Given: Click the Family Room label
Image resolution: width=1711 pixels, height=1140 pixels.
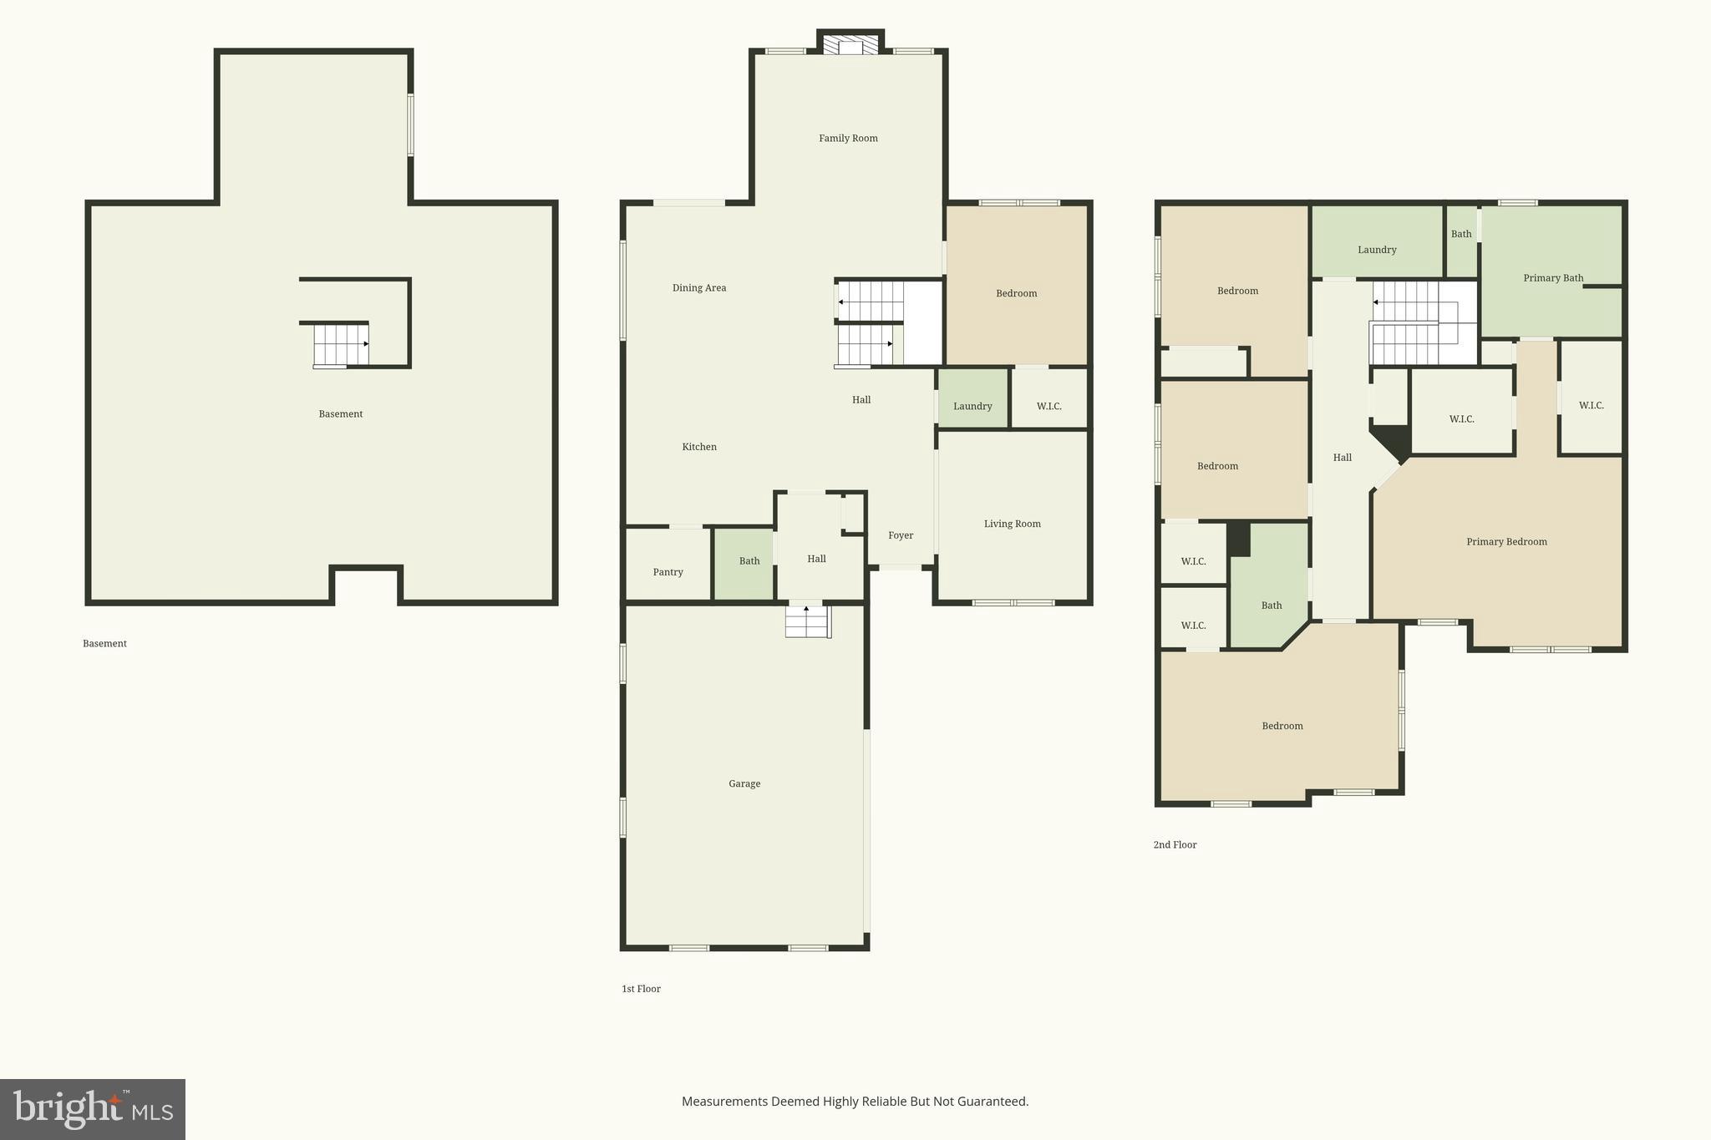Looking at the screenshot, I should (848, 139).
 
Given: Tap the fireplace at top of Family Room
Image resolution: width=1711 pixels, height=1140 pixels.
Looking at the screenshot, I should (850, 44).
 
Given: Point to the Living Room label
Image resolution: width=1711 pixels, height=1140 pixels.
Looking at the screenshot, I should (1012, 524).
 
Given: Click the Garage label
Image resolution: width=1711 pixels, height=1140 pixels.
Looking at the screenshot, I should (744, 784).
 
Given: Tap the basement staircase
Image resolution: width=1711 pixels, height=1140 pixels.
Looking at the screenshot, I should (341, 345).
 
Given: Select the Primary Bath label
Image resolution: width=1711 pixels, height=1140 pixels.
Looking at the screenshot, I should (1552, 278).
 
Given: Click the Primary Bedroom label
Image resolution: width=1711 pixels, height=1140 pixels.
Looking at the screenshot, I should (1506, 542).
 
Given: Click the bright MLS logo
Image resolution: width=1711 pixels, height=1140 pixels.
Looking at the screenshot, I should (93, 1109).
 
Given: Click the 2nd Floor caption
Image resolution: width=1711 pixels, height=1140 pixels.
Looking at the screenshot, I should (1175, 845).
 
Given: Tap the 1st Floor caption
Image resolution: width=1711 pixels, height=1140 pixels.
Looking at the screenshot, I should (641, 989).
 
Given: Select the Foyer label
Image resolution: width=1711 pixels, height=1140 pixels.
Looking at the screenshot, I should (901, 536).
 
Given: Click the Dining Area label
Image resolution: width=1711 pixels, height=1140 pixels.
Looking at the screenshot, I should (699, 288).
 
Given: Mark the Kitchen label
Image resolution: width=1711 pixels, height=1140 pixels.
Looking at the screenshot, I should (699, 448).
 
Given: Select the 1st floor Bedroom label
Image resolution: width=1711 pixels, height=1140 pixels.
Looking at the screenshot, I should (1016, 294).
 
